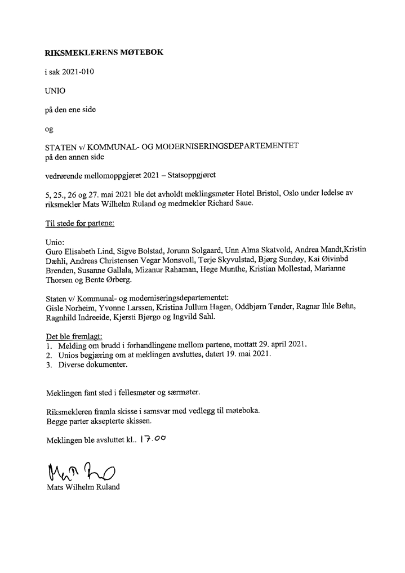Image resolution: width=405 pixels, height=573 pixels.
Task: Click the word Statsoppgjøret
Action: [x=198, y=175]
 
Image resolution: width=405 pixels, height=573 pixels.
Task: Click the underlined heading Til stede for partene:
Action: [x=79, y=223]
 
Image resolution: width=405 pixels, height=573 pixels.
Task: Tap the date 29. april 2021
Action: [x=279, y=344]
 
